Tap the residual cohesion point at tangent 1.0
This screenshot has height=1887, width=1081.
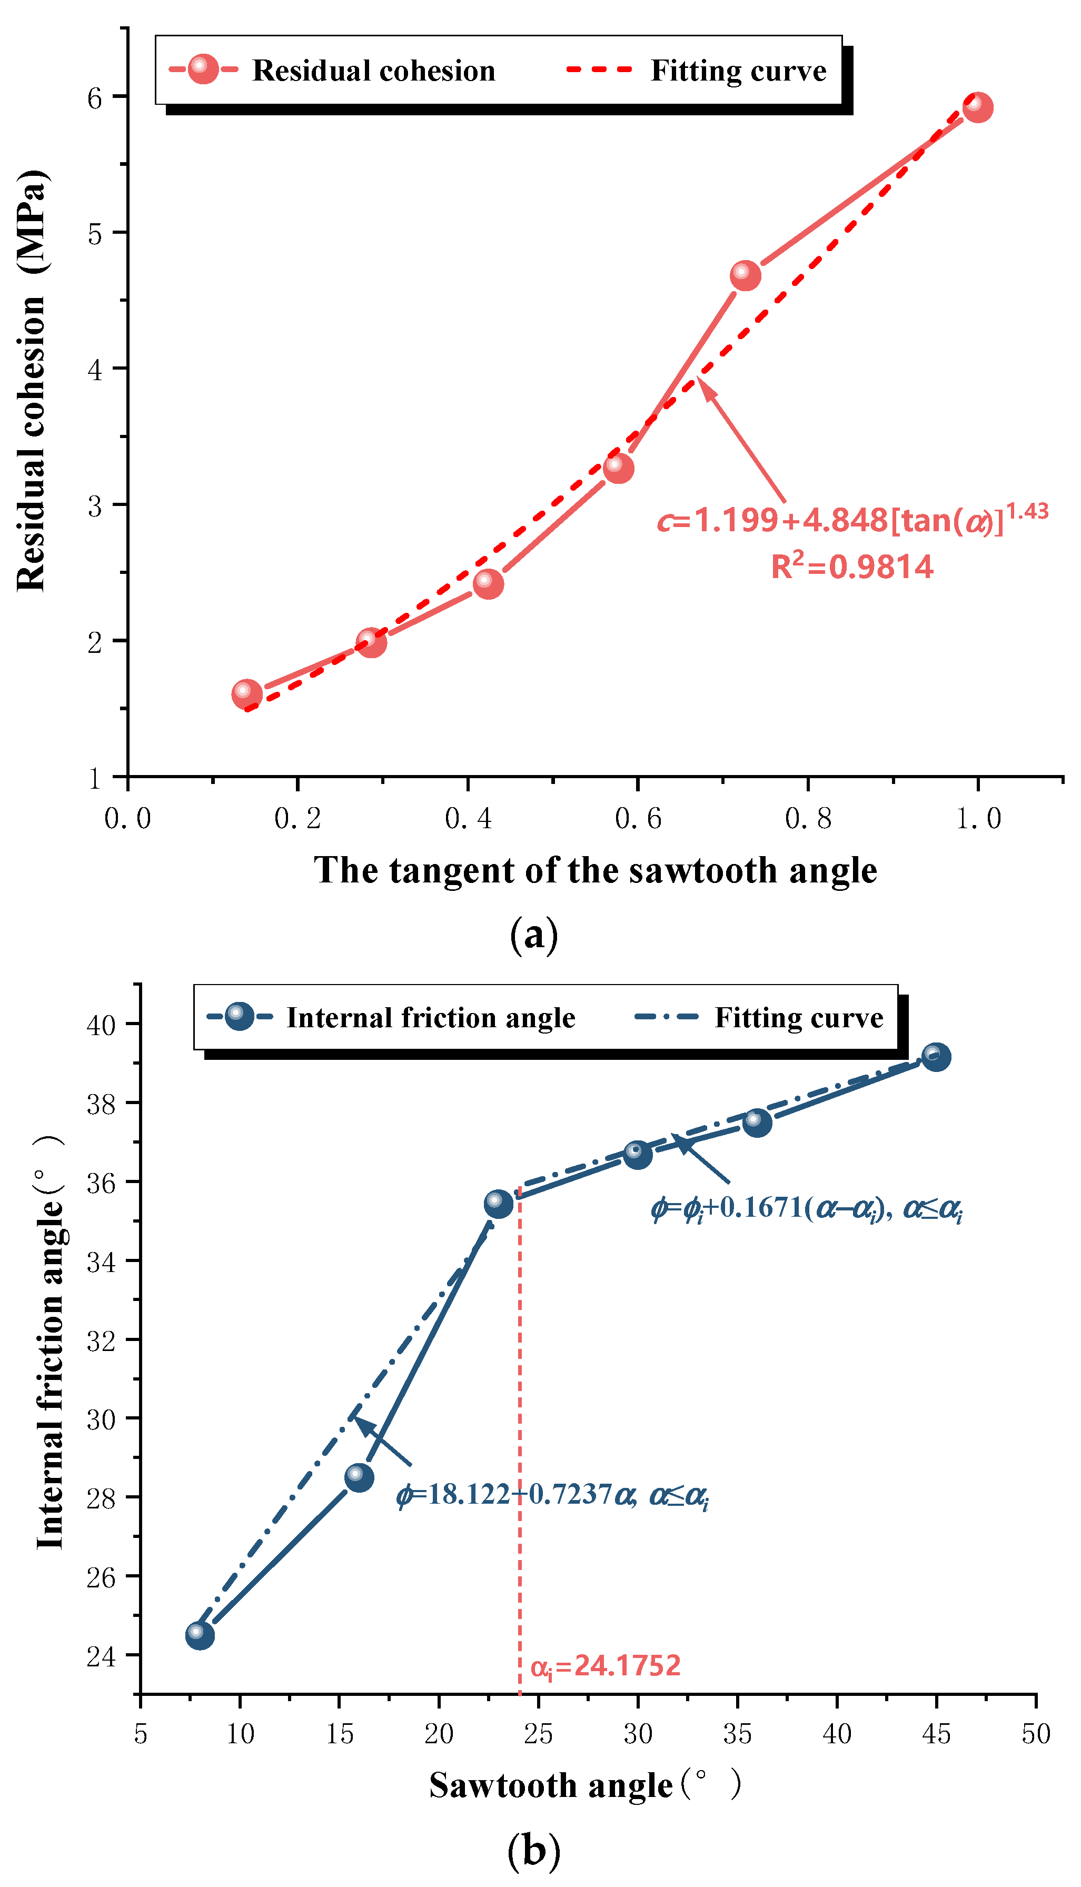(977, 107)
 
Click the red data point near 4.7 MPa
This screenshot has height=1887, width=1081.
(745, 275)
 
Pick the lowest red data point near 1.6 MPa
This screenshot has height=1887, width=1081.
(246, 693)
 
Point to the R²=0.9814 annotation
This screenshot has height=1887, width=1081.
(851, 567)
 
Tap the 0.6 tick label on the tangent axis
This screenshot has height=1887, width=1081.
(638, 819)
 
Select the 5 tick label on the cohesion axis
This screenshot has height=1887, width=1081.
(95, 234)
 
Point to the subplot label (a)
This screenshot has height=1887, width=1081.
(534, 935)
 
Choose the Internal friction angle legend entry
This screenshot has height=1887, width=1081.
(431, 1017)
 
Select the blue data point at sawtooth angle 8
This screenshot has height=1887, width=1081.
(199, 1635)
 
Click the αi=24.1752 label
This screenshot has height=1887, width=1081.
(605, 1666)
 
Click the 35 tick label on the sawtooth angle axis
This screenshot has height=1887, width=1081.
(737, 1734)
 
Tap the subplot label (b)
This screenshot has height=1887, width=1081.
(534, 1851)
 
